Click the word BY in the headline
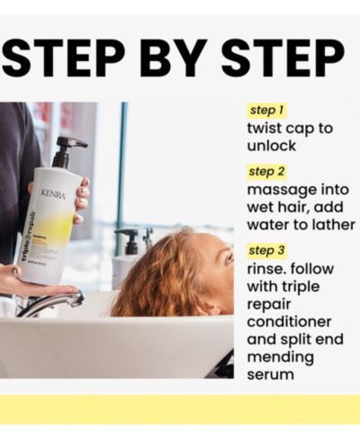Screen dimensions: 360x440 177,58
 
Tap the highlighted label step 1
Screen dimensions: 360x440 266,110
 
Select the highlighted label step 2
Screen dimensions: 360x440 266,172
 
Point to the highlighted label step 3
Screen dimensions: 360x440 266,250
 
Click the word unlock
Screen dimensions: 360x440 272,146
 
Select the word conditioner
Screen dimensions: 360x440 289,322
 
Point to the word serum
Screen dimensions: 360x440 270,375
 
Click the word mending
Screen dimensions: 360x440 281,358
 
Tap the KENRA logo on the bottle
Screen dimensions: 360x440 53,194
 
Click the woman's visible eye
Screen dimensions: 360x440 229,257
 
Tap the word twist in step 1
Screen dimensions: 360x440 264,129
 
